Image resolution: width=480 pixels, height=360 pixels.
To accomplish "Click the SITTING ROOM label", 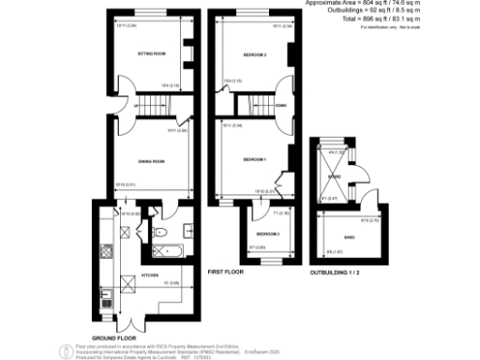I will (x=152, y=55).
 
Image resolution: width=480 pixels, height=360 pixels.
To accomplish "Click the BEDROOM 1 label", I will (x=255, y=160).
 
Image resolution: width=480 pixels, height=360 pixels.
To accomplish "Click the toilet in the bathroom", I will (x=159, y=232).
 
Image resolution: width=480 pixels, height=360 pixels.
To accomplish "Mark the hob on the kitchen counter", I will (x=106, y=251).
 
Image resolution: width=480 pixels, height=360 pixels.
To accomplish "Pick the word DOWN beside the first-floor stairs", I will (x=280, y=106).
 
